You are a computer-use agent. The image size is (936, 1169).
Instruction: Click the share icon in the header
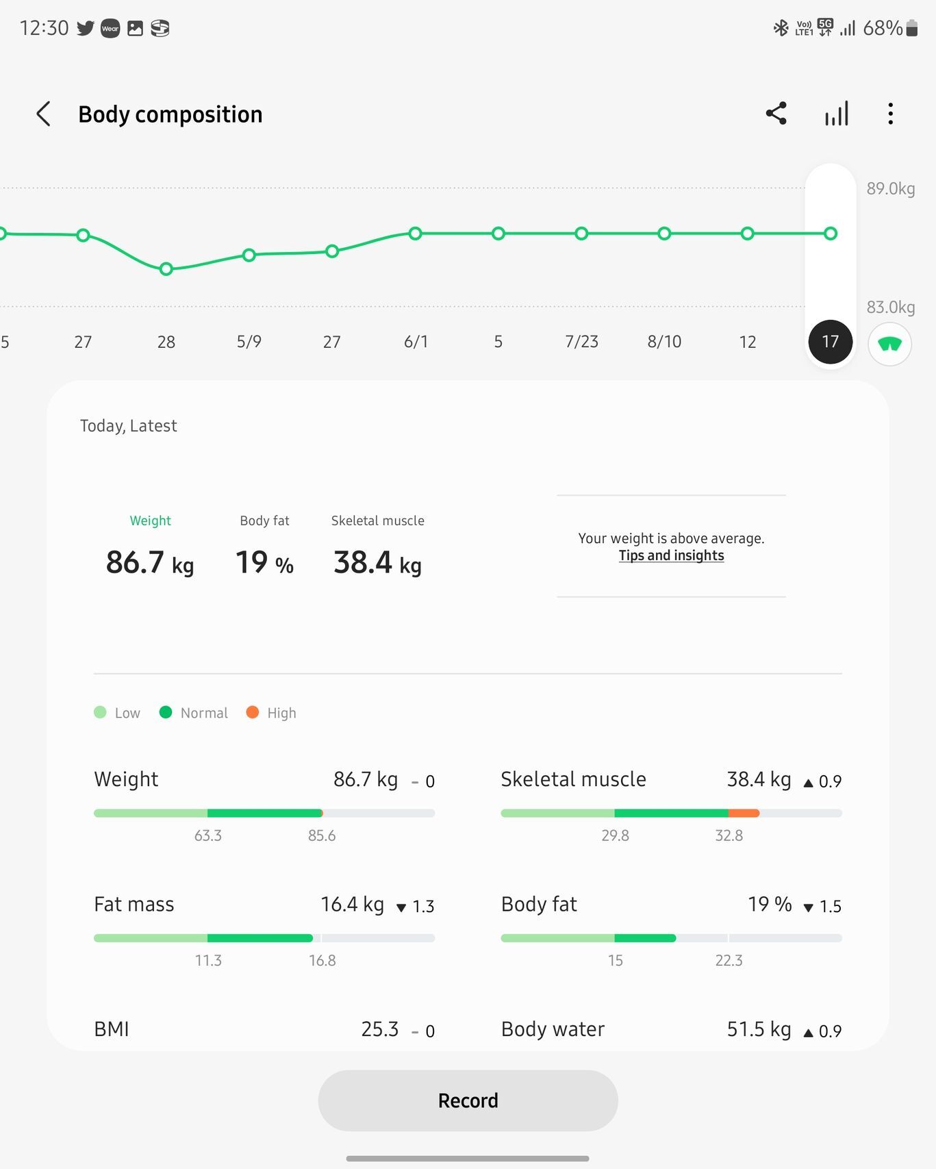tap(776, 114)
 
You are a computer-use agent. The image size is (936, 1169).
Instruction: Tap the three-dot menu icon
tap(890, 114)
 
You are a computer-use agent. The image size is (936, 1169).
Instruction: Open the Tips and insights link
tap(671, 555)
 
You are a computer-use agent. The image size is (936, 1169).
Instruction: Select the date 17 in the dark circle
tap(830, 341)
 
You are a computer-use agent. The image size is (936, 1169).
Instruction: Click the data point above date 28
tap(166, 269)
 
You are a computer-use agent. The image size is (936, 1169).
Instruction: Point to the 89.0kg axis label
tap(890, 188)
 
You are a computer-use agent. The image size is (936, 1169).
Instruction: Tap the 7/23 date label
tap(581, 341)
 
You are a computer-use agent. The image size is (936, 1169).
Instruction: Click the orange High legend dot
tap(252, 712)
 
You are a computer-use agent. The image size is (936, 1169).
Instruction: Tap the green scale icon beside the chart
tap(889, 344)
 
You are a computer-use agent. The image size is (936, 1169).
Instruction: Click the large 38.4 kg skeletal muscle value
tap(377, 563)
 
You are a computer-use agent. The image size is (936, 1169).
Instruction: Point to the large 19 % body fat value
tap(264, 563)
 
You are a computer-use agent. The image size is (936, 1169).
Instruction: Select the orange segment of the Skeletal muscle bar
tap(744, 813)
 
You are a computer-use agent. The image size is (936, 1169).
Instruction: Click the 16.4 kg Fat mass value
tap(352, 904)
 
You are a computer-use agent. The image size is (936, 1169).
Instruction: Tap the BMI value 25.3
tap(379, 1029)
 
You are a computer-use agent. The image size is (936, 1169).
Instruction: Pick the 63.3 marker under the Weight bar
tap(208, 835)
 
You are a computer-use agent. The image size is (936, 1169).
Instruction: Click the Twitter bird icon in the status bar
tap(86, 28)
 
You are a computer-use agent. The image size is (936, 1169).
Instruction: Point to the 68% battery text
tap(882, 28)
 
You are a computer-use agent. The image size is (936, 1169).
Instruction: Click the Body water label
tap(553, 1029)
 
